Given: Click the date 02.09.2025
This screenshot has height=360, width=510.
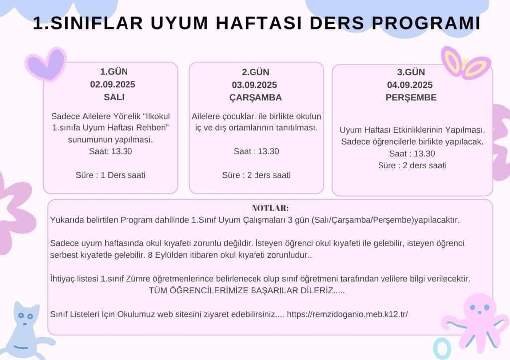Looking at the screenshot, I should click(x=111, y=84).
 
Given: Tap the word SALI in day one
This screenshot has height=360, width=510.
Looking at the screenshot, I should click(x=111, y=97).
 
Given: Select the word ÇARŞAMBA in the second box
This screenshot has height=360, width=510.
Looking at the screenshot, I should click(x=256, y=97).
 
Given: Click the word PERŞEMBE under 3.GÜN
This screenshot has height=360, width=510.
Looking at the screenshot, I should click(x=411, y=98).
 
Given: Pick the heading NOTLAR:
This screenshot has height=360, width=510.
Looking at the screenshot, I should click(x=270, y=208).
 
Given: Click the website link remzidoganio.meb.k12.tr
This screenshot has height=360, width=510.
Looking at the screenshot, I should click(x=348, y=315).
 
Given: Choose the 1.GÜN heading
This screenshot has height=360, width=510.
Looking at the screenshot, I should click(x=111, y=71).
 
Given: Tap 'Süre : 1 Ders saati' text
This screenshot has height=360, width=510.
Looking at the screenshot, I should click(x=111, y=175).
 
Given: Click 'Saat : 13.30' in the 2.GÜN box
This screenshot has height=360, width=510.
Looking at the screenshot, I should click(x=256, y=152).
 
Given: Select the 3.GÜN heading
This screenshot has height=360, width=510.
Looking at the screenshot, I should click(x=411, y=72).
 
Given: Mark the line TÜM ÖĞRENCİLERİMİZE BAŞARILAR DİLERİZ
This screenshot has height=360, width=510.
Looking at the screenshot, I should click(x=247, y=290).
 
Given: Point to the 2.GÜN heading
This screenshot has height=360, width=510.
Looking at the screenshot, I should click(x=256, y=72).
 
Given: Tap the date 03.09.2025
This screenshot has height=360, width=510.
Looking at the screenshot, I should click(x=256, y=85).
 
